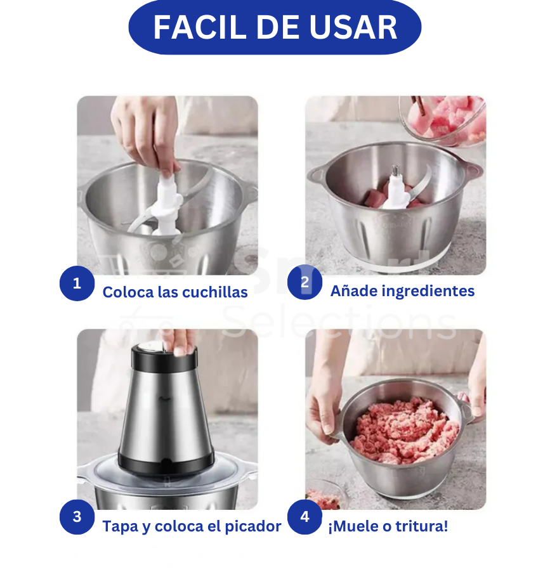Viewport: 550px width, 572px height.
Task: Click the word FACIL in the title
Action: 200,27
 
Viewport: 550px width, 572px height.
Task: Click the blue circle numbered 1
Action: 77,283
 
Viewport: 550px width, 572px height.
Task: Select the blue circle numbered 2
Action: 304,282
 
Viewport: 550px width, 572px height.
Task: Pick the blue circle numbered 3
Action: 77,517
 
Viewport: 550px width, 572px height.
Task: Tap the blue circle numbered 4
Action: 304,517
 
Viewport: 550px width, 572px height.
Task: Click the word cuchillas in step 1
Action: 214,292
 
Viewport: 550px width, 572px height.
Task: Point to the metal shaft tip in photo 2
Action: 395,170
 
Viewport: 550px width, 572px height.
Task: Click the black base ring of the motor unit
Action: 166,464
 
